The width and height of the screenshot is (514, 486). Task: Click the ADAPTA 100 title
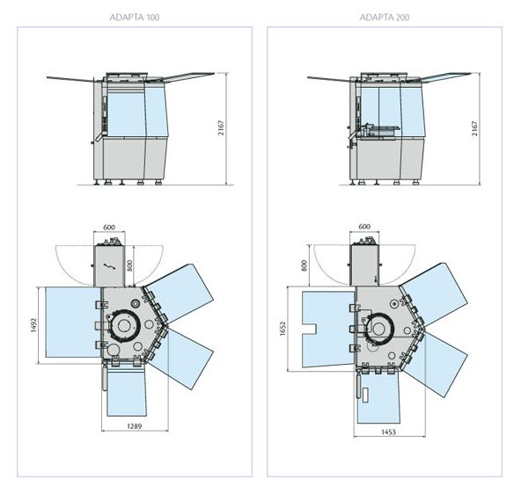pyautogui.click(x=135, y=18)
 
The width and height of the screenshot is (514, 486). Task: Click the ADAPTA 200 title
pyautogui.click(x=385, y=18)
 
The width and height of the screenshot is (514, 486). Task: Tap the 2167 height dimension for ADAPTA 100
pyautogui.click(x=222, y=128)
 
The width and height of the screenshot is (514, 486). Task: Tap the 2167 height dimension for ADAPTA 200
pyautogui.click(x=474, y=128)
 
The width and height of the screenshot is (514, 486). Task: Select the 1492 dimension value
pyautogui.click(x=33, y=325)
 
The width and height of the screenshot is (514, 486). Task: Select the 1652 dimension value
pyautogui.click(x=283, y=329)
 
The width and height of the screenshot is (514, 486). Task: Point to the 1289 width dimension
pyautogui.click(x=135, y=426)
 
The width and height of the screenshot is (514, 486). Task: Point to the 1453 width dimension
pyautogui.click(x=388, y=432)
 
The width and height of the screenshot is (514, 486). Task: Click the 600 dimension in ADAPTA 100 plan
pyautogui.click(x=109, y=227)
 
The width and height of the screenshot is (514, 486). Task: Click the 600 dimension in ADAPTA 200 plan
pyautogui.click(x=364, y=227)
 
